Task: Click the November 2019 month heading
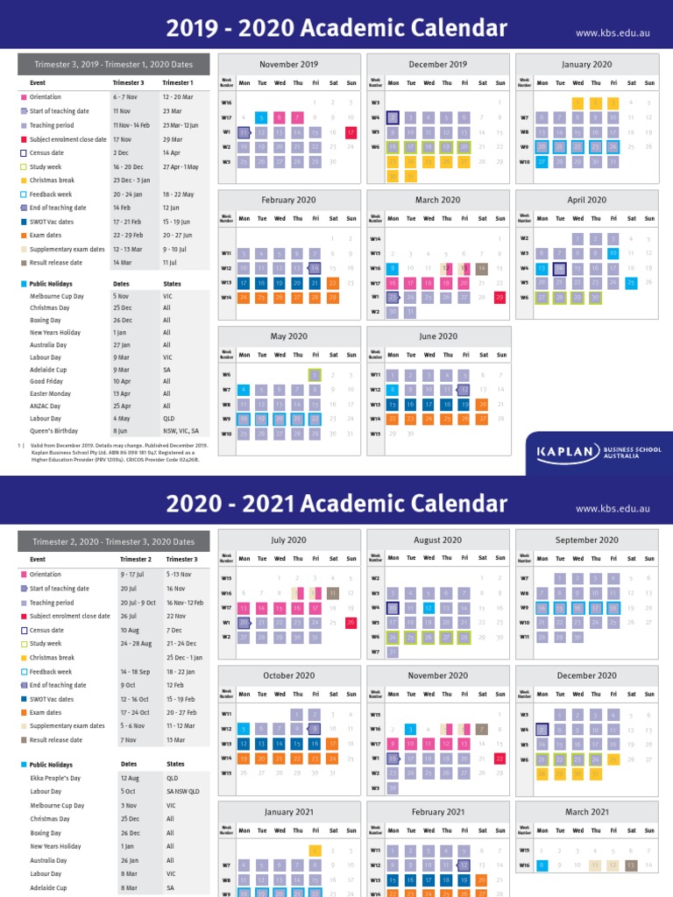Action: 289,64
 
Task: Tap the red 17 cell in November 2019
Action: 351,132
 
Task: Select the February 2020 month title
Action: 289,200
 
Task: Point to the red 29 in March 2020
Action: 500,297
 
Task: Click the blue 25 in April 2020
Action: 632,282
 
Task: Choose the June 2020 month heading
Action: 438,335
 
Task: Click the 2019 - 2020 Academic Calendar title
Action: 336,28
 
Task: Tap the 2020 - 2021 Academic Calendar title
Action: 336,504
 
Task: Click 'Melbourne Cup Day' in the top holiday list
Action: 57,296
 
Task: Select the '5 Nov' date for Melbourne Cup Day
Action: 121,296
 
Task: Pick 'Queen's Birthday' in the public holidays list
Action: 53,431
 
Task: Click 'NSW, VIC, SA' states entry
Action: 183,431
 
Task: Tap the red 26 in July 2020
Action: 351,622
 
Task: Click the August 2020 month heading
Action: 438,540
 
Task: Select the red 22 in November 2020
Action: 500,758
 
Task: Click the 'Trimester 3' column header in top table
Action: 129,82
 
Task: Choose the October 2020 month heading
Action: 289,675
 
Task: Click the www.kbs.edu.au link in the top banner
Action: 611,32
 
